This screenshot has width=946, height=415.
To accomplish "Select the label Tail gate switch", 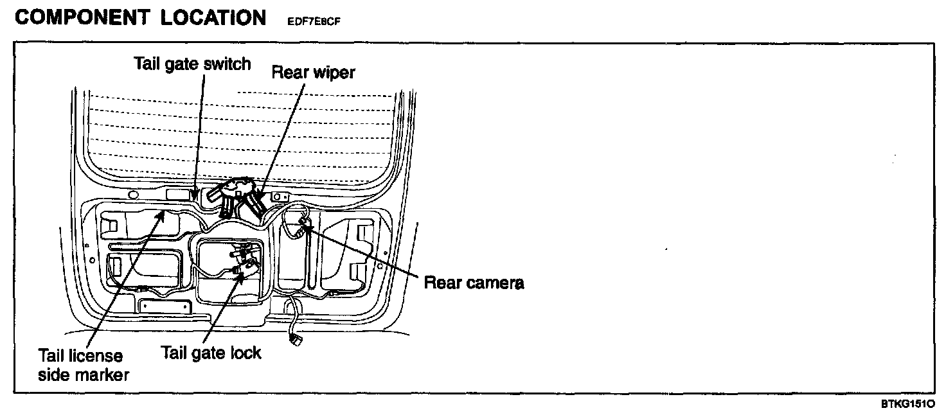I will pos(192,64).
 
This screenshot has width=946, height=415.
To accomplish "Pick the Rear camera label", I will pos(474,283).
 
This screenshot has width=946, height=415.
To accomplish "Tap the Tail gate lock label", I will pos(211,352).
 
